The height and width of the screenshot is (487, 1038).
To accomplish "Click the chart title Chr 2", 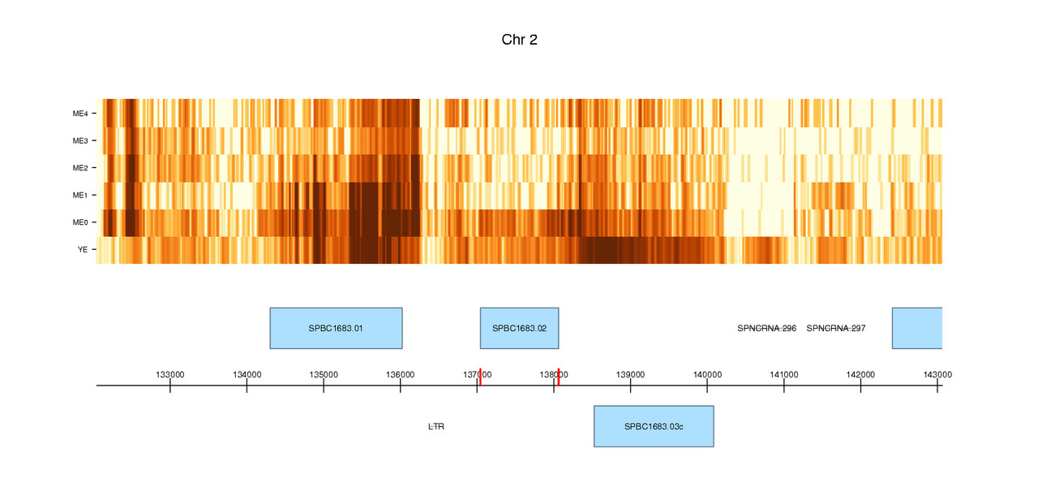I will pos(519,40).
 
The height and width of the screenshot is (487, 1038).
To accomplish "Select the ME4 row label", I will pos(79,113).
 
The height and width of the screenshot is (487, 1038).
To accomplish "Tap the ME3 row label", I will pos(79,140).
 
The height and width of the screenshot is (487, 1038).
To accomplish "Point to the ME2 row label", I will pos(79,168).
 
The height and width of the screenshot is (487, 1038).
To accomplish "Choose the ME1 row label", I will pos(79,195).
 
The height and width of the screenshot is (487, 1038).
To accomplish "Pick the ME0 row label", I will pos(79,222).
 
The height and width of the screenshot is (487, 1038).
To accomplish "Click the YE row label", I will pos(82,249).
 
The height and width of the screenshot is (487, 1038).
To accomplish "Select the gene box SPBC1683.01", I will pos(336,328).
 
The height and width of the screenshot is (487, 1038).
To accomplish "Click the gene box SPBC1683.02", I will pos(519,328).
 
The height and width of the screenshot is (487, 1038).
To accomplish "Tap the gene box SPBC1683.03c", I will pos(654,426).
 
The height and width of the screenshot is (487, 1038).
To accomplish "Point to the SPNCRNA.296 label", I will pos(766,329).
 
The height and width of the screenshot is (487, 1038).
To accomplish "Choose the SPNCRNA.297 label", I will pos(836,329).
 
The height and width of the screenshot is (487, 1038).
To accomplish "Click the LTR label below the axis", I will pos(436,426).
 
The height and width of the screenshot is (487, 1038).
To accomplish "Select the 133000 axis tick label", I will pos(169,374).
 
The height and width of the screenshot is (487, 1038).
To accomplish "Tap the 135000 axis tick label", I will pos(324,374).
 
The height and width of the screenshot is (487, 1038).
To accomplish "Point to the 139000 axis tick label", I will pos(630,374).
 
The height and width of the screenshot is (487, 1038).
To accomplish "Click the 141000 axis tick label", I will pos(784,374).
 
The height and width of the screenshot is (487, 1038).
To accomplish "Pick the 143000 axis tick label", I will pos(937,374).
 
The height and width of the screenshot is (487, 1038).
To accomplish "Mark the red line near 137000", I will pos(480,377).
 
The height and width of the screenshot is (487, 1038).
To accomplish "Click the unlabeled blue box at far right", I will pos(917,328).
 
